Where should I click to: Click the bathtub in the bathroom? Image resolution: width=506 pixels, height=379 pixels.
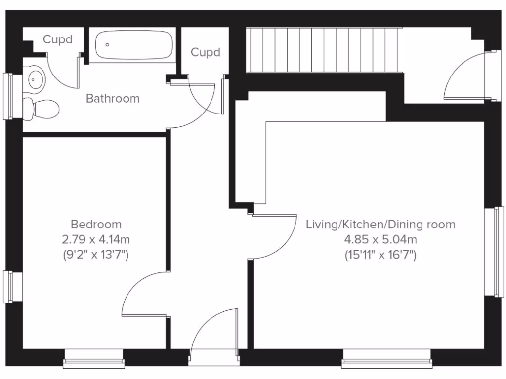[x=133, y=44]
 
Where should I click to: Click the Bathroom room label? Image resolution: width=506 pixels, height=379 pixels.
[x=113, y=98]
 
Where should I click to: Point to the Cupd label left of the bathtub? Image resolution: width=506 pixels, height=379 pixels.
[x=57, y=39]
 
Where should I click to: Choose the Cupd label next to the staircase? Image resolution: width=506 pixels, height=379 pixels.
[x=205, y=52]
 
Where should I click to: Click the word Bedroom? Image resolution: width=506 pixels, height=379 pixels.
[x=96, y=225]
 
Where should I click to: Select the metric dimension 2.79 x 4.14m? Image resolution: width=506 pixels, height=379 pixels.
[x=96, y=240]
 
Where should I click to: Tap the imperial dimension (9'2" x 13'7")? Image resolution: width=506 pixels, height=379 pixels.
[x=96, y=255]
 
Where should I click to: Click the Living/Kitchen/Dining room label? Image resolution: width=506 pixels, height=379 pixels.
[x=380, y=225]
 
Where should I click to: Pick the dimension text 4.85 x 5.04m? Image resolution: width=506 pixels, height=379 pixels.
[x=380, y=240]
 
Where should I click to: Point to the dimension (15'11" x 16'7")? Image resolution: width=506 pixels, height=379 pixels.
[x=380, y=255]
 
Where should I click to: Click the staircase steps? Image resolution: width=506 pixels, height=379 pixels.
[x=324, y=49]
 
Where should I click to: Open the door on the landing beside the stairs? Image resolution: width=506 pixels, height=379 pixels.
[x=467, y=76]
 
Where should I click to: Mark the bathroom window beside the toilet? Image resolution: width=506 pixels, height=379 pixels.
[x=8, y=96]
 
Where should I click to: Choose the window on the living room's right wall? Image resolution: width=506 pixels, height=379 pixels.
[x=498, y=252]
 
